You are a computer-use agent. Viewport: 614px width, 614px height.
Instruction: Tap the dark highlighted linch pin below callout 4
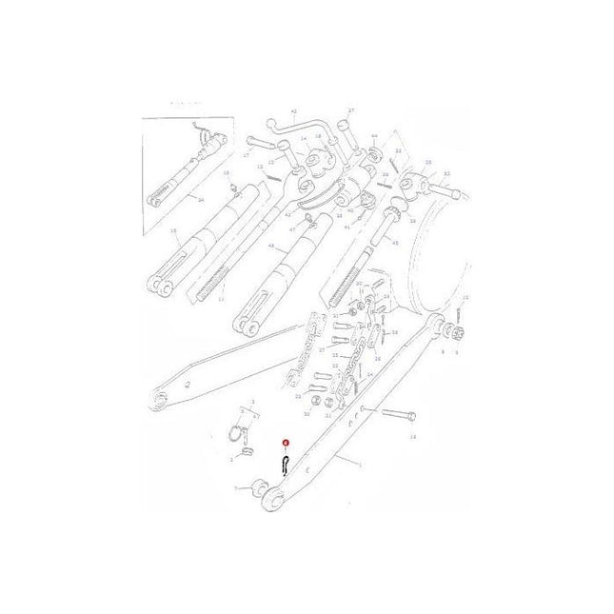tap(285, 464)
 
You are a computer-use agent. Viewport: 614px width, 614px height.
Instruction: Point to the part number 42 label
tap(294, 111)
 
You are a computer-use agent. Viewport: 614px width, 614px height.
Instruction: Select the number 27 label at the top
tap(350, 110)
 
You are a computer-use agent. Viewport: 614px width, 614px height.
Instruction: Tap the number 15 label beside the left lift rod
tap(173, 230)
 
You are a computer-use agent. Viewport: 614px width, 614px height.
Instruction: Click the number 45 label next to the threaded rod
tap(395, 243)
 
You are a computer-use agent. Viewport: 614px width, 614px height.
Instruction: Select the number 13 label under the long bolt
tap(412, 436)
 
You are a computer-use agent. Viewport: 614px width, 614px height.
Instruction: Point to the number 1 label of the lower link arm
tap(360, 463)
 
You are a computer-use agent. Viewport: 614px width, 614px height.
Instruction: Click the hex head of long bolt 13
tap(412, 417)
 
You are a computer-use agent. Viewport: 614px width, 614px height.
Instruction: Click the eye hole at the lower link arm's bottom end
tap(272, 499)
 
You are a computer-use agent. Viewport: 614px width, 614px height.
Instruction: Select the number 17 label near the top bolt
tap(247, 153)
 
